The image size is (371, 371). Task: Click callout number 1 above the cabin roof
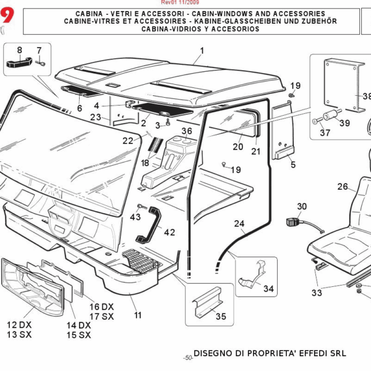pyautogui.click(x=202, y=51)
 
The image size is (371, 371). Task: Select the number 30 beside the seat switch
pyautogui.click(x=302, y=207)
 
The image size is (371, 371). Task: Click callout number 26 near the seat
pyautogui.click(x=343, y=186)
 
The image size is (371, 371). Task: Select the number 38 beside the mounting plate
pyautogui.click(x=366, y=96)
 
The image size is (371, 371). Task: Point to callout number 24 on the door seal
pyautogui.click(x=239, y=223)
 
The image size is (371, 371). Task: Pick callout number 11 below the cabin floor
pyautogui.click(x=137, y=315)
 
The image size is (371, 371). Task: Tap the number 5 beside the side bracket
pyautogui.click(x=293, y=165)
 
